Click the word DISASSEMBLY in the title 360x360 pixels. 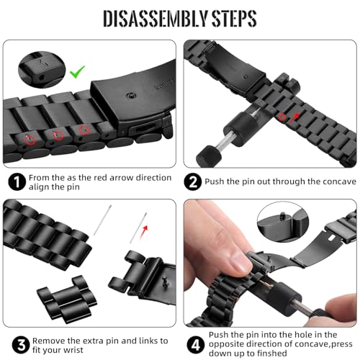tap(156, 18)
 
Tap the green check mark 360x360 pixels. tap(77, 71)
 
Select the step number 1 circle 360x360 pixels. tap(17, 182)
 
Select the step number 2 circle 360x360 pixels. tap(193, 181)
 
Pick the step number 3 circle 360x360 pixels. tap(21, 345)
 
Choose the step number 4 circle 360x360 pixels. tap(196, 345)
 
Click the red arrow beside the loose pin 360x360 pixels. tap(144, 232)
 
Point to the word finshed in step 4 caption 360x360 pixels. tap(272, 354)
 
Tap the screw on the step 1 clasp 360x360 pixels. tap(131, 96)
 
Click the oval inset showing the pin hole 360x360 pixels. tap(42, 69)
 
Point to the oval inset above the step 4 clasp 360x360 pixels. tap(283, 222)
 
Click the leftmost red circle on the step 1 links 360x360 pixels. tap(30, 139)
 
